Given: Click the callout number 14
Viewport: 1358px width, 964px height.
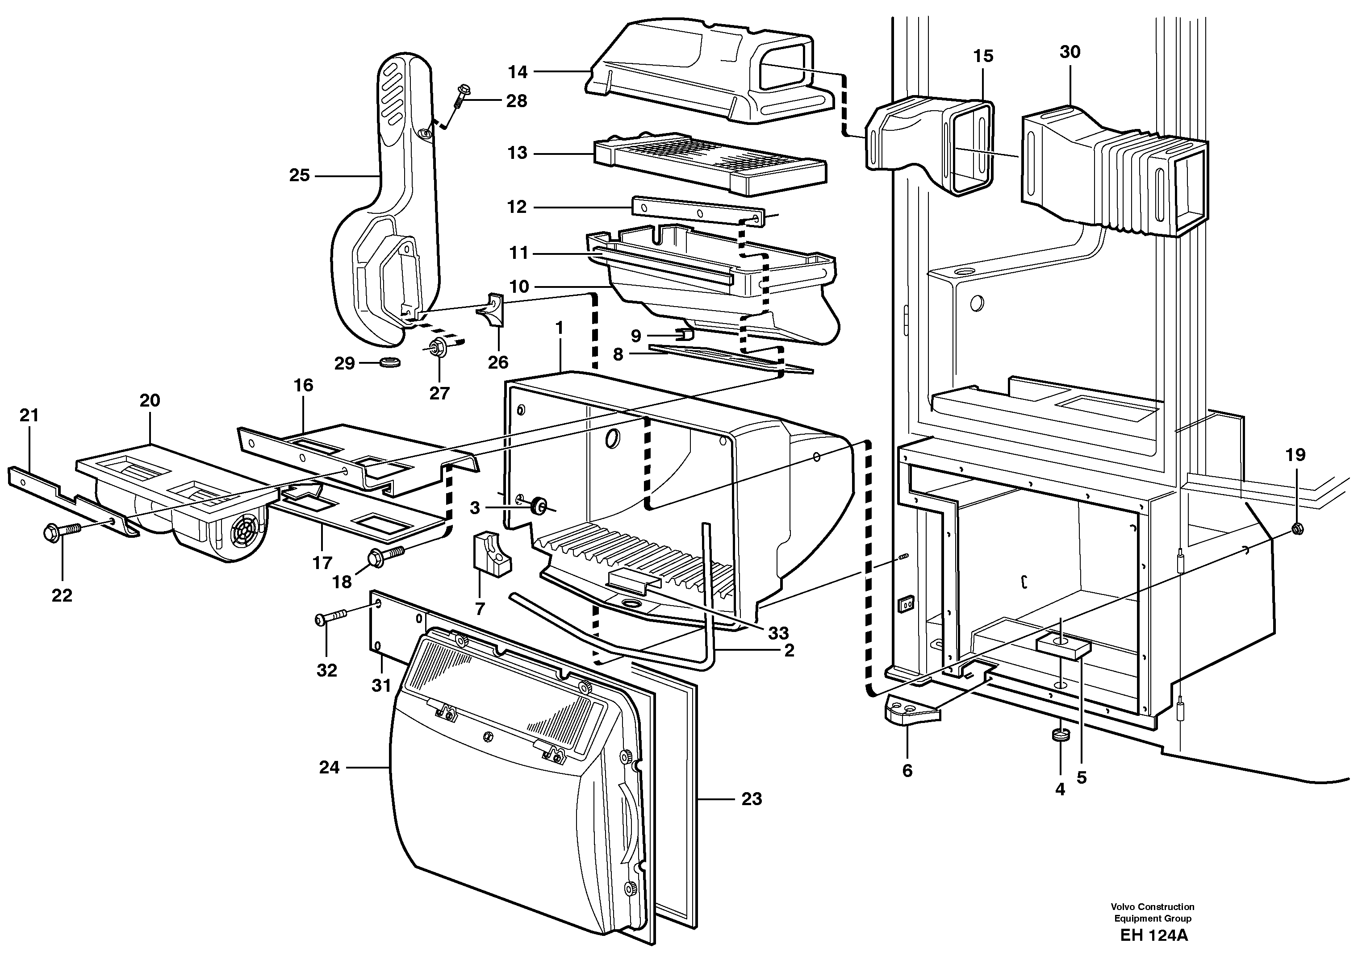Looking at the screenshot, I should pyautogui.click(x=517, y=72).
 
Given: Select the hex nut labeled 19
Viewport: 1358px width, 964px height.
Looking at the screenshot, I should pyautogui.click(x=1297, y=528).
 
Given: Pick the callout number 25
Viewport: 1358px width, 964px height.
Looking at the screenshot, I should pyautogui.click(x=299, y=176).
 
